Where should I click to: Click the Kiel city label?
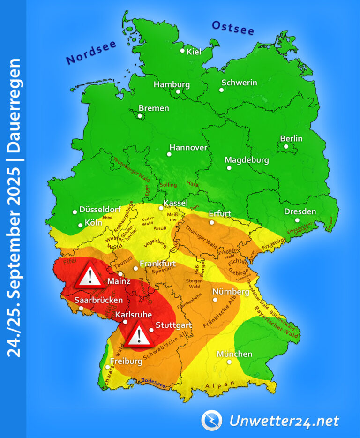tap(194, 52)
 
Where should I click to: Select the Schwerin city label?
tap(239, 83)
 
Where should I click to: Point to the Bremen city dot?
tap(140, 116)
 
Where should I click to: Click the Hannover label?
tap(188, 147)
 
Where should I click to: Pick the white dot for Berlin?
tap(286, 146)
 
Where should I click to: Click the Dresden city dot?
tap(297, 220)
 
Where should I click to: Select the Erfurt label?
tap(220, 213)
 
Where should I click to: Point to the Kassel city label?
tap(175, 203)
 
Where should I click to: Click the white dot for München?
tap(229, 362)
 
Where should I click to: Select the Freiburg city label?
tap(126, 362)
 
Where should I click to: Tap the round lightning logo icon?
tap(211, 420)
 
